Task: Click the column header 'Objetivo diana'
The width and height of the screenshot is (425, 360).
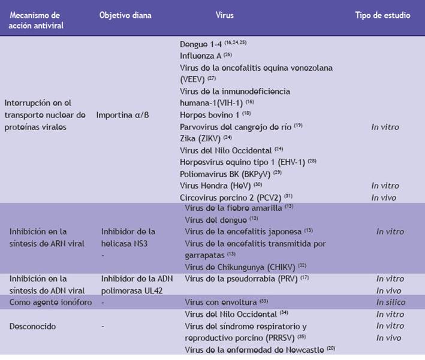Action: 125,16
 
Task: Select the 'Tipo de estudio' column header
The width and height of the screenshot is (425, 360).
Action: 382,16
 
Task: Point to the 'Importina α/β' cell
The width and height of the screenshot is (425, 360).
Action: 123,114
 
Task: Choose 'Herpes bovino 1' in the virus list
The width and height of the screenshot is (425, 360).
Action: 207,114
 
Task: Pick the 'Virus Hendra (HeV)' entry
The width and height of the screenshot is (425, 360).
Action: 207,185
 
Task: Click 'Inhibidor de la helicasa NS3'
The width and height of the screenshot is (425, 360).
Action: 128,237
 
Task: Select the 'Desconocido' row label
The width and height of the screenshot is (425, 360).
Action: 33,326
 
